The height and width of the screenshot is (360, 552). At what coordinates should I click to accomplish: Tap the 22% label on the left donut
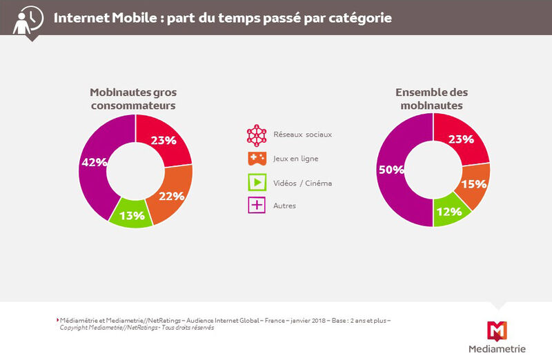(172, 196)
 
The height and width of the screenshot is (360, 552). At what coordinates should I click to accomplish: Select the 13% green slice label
(132, 216)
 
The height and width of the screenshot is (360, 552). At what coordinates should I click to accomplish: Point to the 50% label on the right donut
(391, 169)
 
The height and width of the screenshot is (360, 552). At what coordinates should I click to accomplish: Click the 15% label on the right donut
(474, 185)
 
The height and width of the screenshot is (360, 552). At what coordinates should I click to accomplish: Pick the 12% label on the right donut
(449, 211)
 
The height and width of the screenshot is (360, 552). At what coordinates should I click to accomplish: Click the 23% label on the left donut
(164, 140)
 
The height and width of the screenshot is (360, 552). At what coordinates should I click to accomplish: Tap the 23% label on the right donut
(460, 139)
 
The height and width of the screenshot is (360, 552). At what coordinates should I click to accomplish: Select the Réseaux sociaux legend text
(303, 134)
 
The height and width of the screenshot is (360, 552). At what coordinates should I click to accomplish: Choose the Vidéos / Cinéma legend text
(302, 183)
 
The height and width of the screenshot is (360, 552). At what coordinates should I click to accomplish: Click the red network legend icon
(257, 134)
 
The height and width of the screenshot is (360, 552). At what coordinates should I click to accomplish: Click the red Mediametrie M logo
(497, 330)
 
